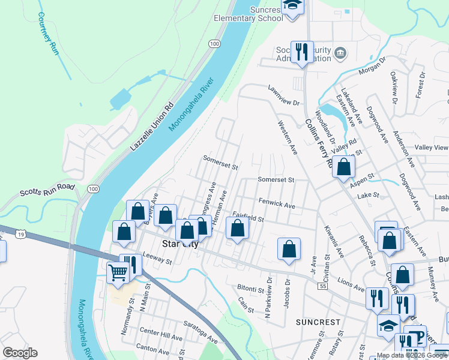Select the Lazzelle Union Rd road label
pos(151,126)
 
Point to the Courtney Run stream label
pos(50,34)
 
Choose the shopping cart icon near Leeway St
pos(118,272)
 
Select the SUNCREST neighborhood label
pos(318,322)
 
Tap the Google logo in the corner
pos(20,353)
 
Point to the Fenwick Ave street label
pos(277,204)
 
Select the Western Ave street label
pos(288,137)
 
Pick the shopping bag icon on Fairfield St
pos(237,228)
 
